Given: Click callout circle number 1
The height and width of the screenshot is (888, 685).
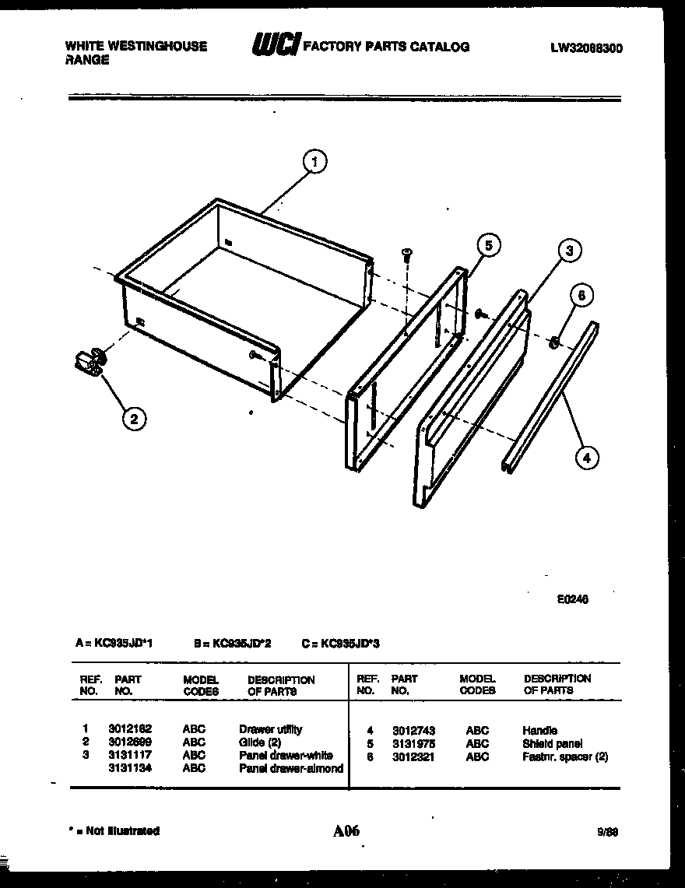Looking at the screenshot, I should (314, 162).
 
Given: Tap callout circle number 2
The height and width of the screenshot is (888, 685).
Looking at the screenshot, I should (134, 419).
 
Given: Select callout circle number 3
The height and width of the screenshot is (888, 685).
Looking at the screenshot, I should (569, 251).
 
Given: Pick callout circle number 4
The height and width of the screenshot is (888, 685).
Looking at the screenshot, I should (586, 458).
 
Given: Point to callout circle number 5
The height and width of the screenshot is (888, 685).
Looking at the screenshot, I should (487, 246).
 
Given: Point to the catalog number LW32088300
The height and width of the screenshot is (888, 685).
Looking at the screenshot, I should (586, 48).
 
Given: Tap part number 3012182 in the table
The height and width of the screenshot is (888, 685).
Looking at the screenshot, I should (130, 729).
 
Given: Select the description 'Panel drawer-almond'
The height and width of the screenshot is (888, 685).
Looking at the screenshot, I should (290, 768).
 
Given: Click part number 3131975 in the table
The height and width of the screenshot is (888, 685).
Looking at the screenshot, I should (413, 743).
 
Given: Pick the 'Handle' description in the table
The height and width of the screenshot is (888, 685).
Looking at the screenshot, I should (539, 730).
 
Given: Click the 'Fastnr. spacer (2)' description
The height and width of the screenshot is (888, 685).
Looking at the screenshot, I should (565, 756).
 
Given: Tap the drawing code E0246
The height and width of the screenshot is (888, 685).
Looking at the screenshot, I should (572, 599).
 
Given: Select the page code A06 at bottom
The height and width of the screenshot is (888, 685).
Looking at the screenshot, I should (346, 830).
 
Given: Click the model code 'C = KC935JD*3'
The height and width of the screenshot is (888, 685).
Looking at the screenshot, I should (340, 644).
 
